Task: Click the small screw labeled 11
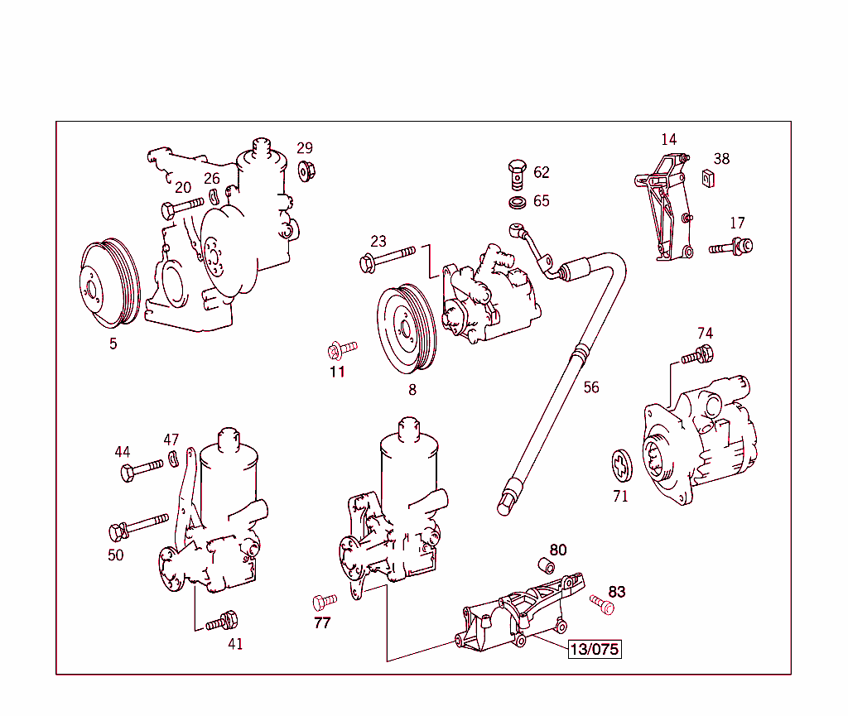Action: point(340,349)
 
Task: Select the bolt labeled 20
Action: point(182,204)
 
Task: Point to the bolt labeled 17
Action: point(731,246)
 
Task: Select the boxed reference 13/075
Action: point(594,649)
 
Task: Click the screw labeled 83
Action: point(602,604)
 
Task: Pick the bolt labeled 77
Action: point(324,599)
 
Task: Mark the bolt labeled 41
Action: point(222,621)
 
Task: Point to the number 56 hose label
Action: point(590,387)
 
